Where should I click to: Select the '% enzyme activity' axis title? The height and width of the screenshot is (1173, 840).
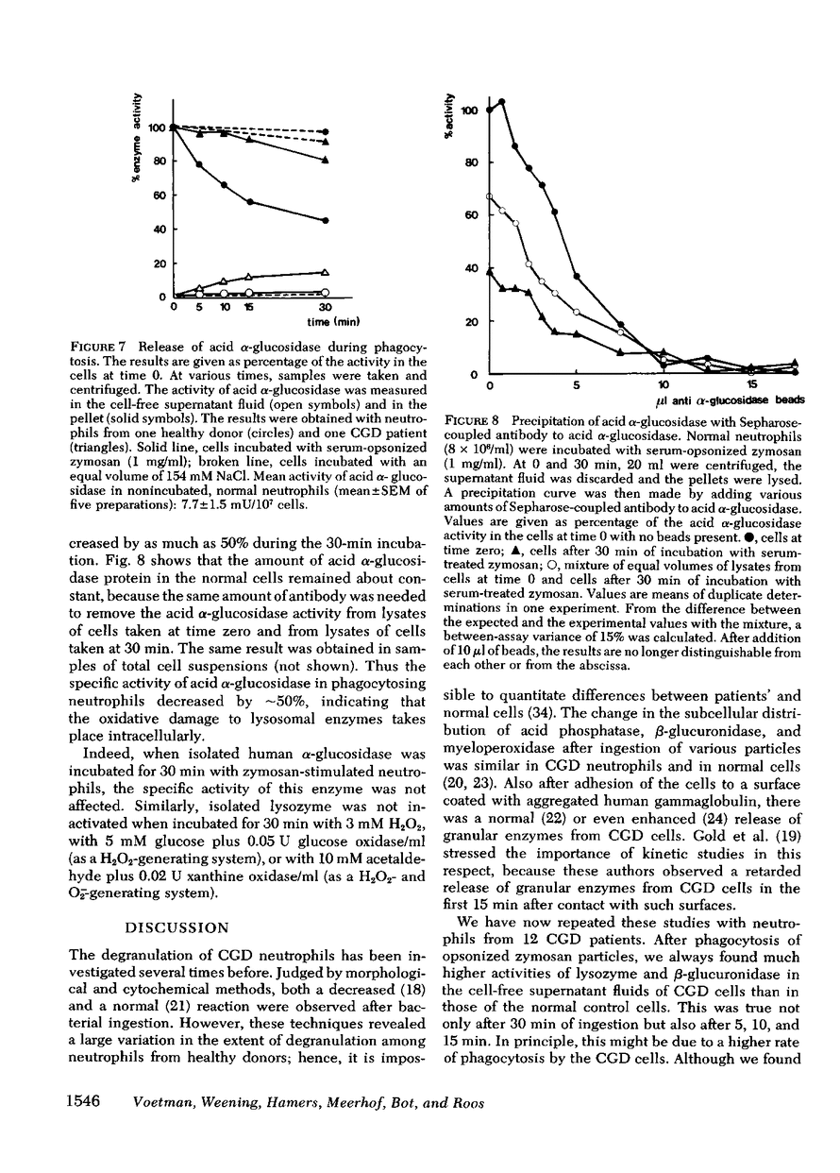pos(138,140)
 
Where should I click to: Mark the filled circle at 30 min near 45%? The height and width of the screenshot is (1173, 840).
pos(326,220)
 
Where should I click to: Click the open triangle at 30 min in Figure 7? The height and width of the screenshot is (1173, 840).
pos(326,272)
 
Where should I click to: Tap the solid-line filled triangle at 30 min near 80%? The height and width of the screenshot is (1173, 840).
pos(326,160)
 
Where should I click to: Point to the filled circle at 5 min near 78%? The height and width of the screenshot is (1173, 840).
pos(198,165)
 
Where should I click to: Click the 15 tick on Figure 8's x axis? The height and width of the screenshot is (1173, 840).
pos(751,385)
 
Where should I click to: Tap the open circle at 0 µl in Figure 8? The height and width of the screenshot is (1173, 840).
pos(488,195)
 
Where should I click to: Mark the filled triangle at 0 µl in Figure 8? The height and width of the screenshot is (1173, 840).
pos(488,272)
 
